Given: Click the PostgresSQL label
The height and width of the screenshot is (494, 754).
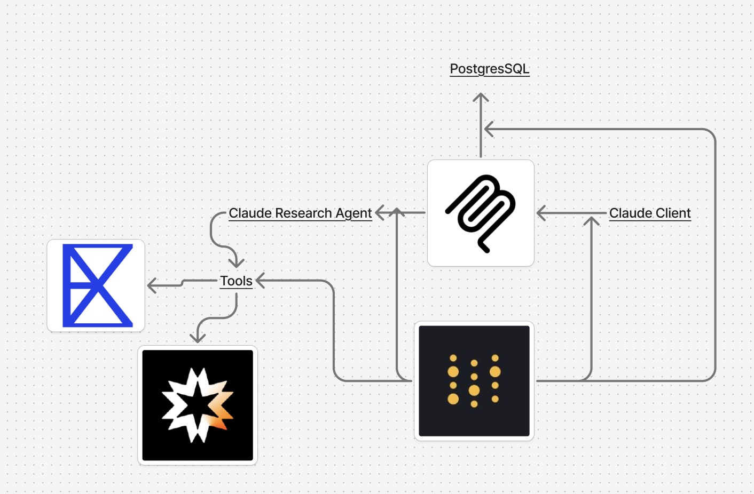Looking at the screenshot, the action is (x=490, y=69).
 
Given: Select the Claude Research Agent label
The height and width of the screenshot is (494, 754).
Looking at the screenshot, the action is (x=300, y=213).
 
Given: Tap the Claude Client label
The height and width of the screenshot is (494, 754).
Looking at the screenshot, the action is (x=650, y=213).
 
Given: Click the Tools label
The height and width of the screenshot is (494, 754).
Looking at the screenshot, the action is (x=236, y=281).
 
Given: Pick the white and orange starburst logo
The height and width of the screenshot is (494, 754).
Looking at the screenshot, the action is (x=198, y=405).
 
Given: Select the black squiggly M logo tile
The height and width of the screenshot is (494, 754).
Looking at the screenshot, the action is (x=481, y=213).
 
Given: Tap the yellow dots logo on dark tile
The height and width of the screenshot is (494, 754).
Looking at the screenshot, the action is (x=474, y=381).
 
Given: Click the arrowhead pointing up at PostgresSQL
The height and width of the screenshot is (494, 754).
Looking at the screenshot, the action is (x=481, y=98).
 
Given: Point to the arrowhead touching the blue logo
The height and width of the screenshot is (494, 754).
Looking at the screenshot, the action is (x=152, y=286).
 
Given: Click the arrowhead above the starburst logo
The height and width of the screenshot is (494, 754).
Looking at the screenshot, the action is (x=198, y=338).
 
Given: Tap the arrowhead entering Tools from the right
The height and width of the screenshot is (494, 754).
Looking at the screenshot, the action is (x=261, y=281).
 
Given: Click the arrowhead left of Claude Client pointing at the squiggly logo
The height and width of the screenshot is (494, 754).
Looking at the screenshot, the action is (x=541, y=213).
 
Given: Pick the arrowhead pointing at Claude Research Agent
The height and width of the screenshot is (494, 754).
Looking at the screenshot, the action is (x=380, y=212).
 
